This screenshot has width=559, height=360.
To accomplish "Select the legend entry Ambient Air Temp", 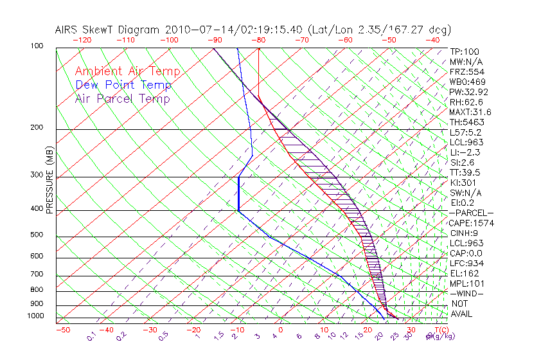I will click(127, 71).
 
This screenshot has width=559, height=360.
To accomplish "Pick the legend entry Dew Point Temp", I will click(123, 85).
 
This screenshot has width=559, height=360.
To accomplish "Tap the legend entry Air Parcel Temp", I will click(122, 98).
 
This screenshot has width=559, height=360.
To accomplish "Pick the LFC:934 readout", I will click(466, 263).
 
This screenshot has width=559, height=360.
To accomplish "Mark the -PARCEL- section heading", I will click(472, 213).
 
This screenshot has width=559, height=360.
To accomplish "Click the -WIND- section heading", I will click(467, 293).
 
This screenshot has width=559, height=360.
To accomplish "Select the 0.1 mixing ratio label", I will click(91, 336).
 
